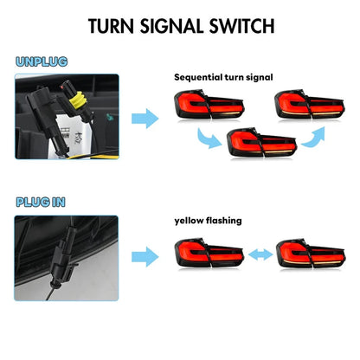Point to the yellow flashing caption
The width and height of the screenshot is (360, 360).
pos(209,221)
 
